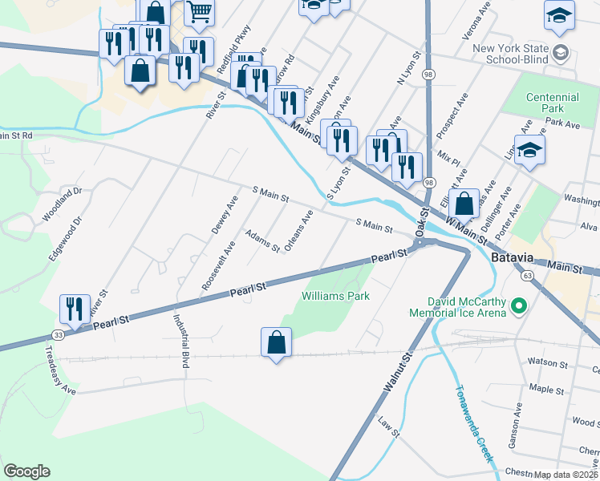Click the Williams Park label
(335, 296)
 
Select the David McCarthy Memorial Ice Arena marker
(518, 305)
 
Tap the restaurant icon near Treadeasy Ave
(75, 308)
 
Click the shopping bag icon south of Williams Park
(276, 342)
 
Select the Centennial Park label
(552, 103)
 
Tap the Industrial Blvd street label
(180, 340)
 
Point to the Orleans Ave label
(298, 232)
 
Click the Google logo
(26, 471)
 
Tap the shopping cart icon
(198, 11)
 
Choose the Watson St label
(550, 363)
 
